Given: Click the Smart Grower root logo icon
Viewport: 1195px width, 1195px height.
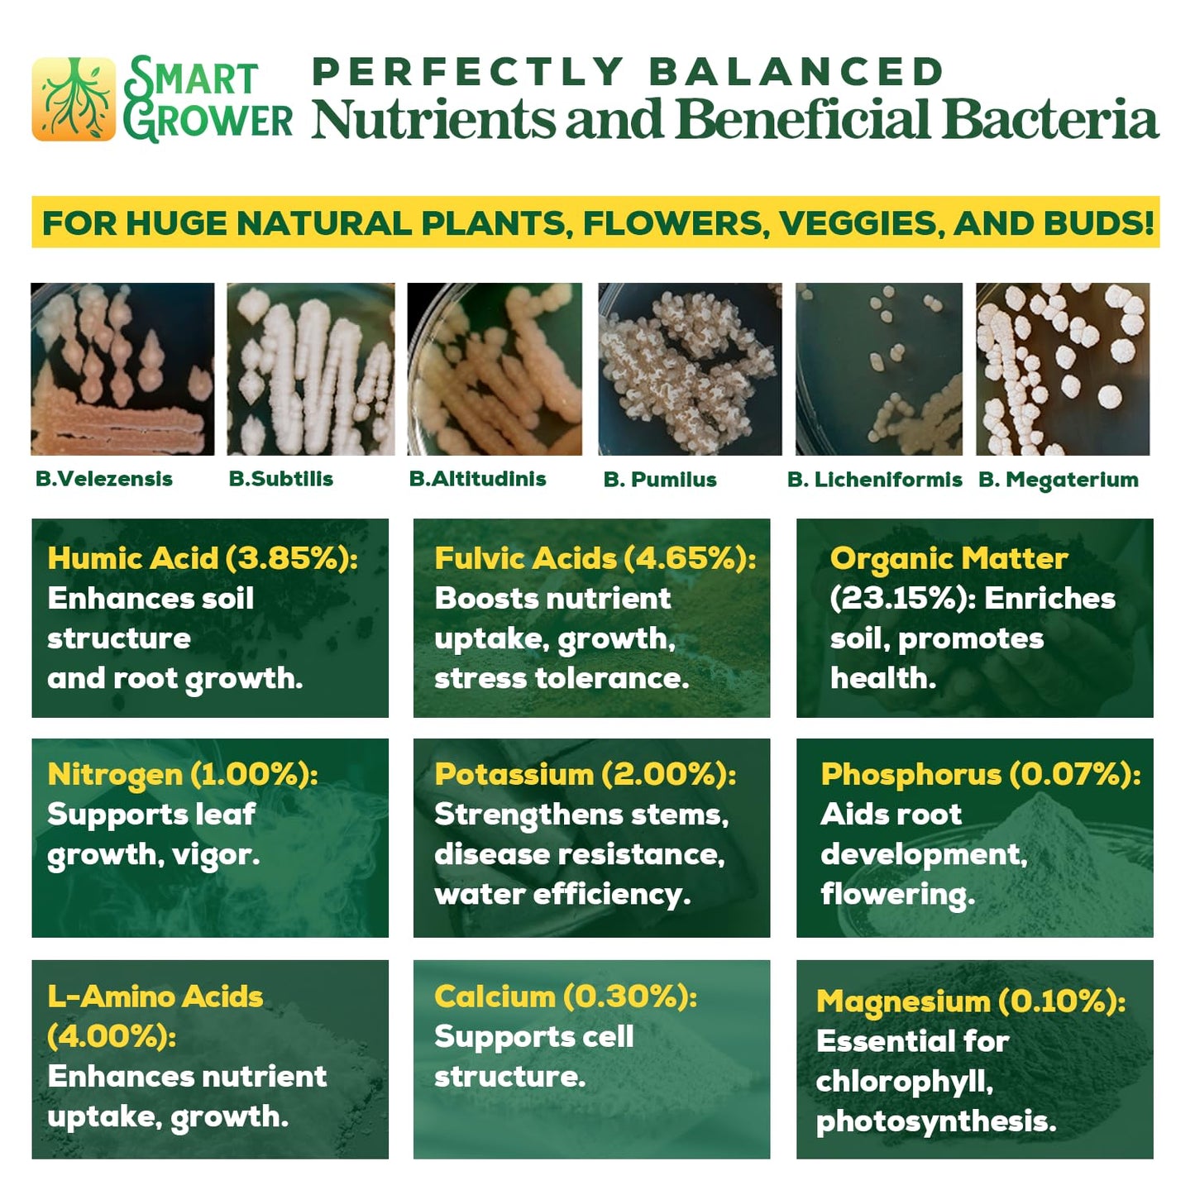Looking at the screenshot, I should tap(74, 99).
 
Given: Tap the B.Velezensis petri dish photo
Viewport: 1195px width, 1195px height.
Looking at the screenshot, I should tap(122, 369).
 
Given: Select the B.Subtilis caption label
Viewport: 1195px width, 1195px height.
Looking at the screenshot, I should tap(281, 479).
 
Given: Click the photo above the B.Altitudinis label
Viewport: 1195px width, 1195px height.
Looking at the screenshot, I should tap(495, 369).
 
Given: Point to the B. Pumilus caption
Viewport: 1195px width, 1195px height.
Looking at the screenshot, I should tap(660, 480).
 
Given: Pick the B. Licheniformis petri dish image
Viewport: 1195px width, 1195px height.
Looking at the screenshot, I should tap(878, 369).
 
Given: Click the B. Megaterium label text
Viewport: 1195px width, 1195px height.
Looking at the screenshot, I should tap(1058, 480).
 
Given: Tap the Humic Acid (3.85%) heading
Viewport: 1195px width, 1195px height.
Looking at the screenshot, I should tap(203, 558).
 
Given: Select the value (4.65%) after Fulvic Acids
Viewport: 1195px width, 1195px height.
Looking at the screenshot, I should tap(689, 558).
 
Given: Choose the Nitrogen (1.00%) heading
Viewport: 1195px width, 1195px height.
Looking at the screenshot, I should tap(183, 775).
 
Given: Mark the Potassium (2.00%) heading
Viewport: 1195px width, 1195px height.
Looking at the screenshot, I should tap(585, 775).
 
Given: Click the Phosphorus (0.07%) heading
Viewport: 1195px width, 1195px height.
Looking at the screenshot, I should tap(980, 775).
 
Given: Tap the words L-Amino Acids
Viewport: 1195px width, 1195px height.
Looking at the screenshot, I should tap(155, 997).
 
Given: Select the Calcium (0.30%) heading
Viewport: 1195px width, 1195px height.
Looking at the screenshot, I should tap(565, 997).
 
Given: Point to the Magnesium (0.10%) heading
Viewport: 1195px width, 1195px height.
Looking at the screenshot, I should tap(970, 1001).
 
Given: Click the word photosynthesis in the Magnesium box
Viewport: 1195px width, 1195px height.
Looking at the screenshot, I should tap(935, 1122).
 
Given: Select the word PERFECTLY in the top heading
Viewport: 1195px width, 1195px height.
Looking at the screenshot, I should tap(467, 72).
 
